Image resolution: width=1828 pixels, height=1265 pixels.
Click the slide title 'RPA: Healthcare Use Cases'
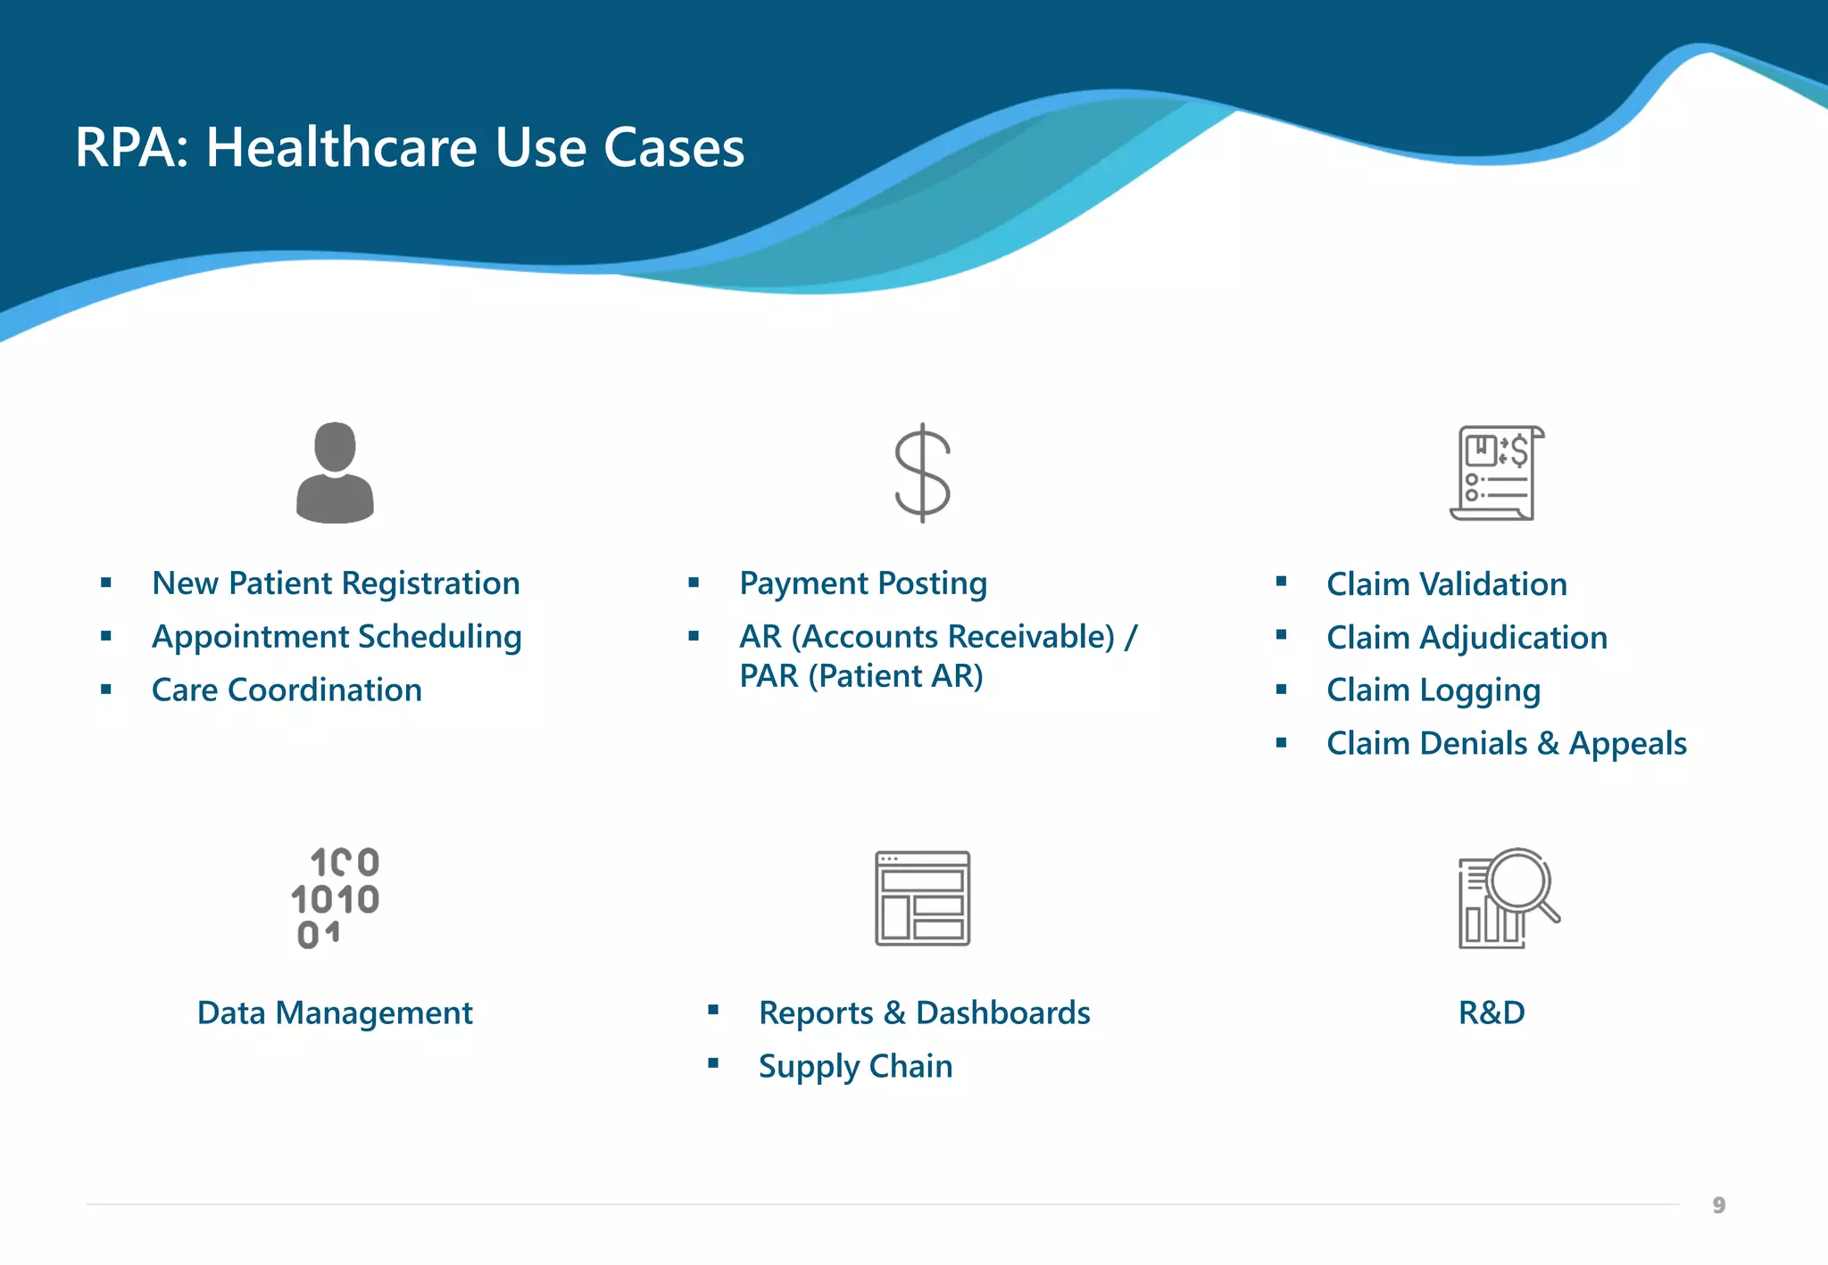[410, 147]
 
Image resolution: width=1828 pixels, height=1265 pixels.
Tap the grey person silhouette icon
[335, 473]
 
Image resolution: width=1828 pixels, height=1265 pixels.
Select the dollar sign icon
[922, 473]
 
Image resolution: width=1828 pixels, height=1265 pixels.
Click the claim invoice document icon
[1497, 473]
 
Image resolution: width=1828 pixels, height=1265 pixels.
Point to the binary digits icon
[336, 898]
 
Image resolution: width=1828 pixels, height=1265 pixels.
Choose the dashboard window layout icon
[922, 898]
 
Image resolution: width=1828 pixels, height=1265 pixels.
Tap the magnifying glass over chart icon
[1508, 898]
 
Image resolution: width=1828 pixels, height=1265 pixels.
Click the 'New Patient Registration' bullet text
[336, 583]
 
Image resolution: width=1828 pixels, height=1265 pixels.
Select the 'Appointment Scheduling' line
[337, 637]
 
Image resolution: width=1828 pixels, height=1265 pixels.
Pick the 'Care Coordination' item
[287, 690]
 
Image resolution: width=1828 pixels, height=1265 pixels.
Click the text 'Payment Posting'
[863, 583]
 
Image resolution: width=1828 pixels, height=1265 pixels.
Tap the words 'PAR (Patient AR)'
[861, 676]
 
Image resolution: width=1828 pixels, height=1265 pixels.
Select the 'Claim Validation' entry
[1447, 584]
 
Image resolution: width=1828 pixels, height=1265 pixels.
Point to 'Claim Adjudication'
[1467, 638]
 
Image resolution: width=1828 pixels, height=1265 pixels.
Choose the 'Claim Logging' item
[1433, 690]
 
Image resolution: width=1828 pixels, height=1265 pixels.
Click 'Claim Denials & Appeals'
[1507, 743]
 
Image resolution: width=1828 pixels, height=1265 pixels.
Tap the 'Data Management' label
[335, 1013]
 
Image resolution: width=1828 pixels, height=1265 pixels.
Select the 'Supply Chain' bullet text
[855, 1067]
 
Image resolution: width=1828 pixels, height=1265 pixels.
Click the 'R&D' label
[1491, 1013]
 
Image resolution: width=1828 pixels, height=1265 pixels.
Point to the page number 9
[1719, 1206]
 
